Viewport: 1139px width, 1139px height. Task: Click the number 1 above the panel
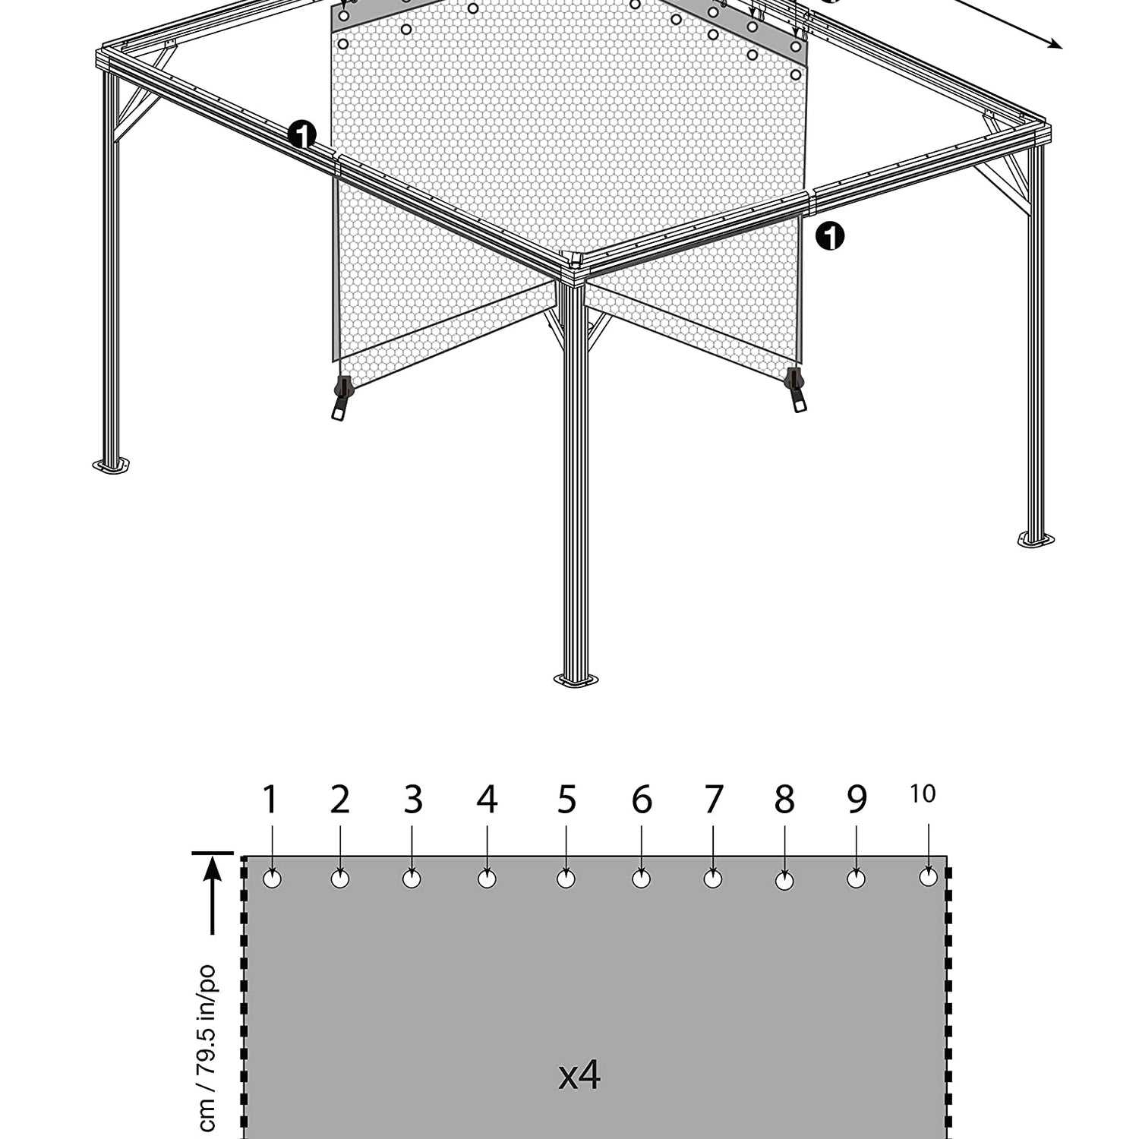click(x=270, y=800)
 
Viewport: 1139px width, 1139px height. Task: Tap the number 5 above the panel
click(x=566, y=800)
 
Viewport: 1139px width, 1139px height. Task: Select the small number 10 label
click(x=923, y=794)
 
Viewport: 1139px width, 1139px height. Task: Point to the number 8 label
click(x=784, y=800)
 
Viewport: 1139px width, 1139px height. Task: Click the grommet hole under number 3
click(x=412, y=879)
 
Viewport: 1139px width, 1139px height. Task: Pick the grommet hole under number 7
click(x=713, y=879)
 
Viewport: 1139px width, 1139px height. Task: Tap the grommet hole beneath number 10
click(x=928, y=877)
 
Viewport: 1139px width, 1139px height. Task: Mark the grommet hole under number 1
click(x=272, y=879)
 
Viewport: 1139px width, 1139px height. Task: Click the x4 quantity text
click(x=579, y=1075)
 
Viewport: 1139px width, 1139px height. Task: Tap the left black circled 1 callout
click(x=302, y=136)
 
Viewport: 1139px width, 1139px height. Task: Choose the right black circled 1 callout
click(x=830, y=236)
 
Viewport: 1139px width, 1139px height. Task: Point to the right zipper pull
click(x=796, y=390)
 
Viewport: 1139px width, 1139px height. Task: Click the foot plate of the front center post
click(x=576, y=679)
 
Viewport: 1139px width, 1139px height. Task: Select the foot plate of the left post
click(x=111, y=465)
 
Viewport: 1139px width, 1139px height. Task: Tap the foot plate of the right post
click(x=1036, y=539)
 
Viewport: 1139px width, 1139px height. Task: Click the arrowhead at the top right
click(x=1055, y=43)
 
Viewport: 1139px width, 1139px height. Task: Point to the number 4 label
click(x=487, y=800)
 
